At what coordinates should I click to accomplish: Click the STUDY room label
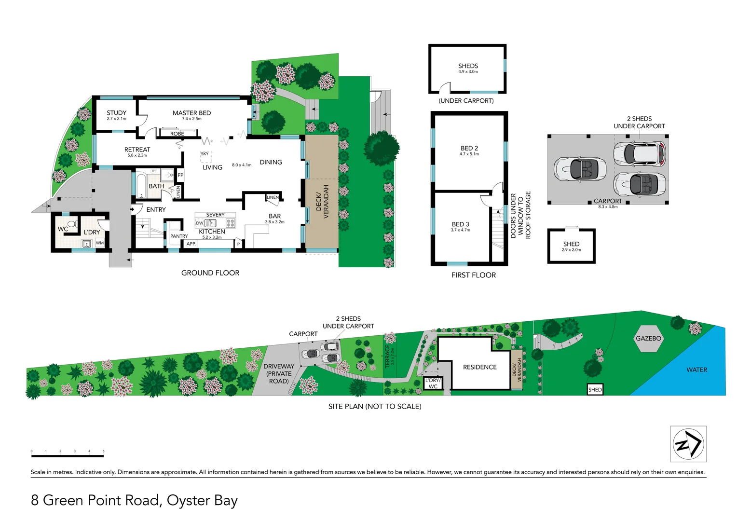pos(116,113)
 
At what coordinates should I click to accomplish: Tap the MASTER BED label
pos(191,113)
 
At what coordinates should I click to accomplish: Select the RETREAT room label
pos(137,150)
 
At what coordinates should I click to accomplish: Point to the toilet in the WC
pos(72,224)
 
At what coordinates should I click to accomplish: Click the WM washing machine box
pos(100,243)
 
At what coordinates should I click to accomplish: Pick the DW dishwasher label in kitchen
pos(199,223)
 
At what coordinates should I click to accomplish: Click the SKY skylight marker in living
pos(205,154)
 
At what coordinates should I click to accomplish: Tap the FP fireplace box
pos(180,175)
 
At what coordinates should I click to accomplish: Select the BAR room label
pos(274,216)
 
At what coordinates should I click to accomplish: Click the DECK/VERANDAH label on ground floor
pos(322,202)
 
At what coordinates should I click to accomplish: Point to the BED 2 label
pos(469,148)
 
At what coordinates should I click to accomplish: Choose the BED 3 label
pos(460,224)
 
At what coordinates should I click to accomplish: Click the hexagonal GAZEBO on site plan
pos(648,338)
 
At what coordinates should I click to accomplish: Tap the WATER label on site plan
pos(696,370)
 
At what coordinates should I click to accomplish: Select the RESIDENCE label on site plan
pos(479,367)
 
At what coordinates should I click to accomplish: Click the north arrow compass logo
pos(688,444)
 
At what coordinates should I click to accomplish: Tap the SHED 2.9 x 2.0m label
pos(571,245)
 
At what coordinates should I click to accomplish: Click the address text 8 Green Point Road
pos(134,500)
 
